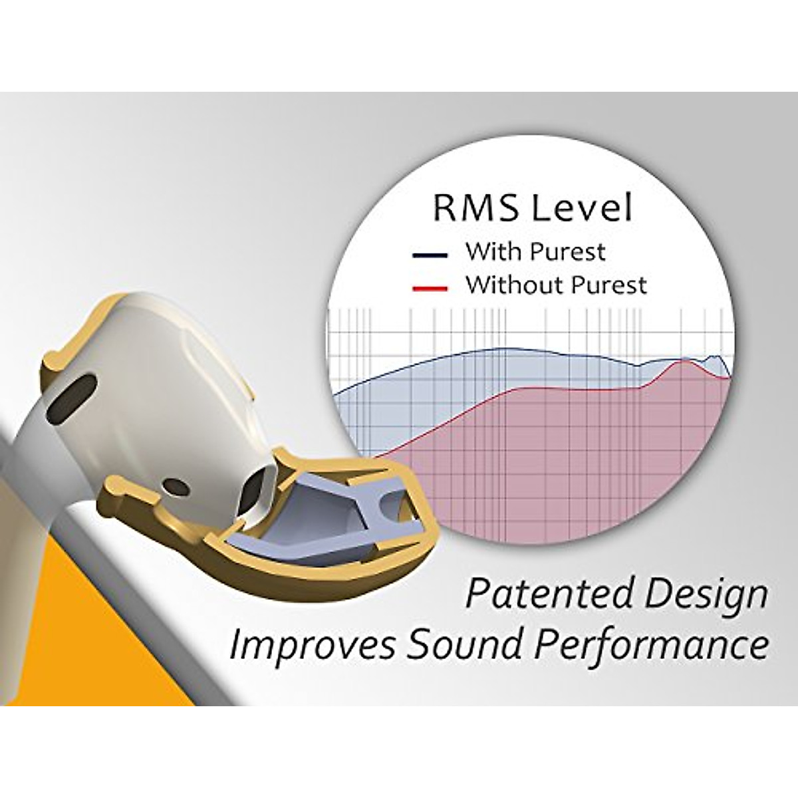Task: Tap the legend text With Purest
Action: tap(535, 252)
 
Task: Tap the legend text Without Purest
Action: tap(555, 285)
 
